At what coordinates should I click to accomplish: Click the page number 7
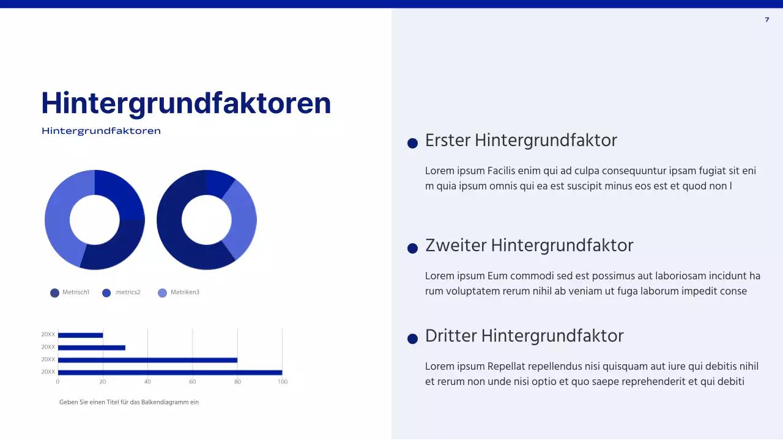[x=767, y=20]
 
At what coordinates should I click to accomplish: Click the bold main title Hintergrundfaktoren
[x=186, y=103]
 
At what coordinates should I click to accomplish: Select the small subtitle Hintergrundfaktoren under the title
[x=101, y=131]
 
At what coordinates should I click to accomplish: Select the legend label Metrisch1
[x=76, y=293]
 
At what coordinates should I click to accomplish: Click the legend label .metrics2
[x=127, y=293]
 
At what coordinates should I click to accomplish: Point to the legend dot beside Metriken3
[x=162, y=293]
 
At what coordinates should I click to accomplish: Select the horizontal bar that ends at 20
[x=80, y=335]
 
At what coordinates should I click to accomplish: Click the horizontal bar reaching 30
[x=91, y=348]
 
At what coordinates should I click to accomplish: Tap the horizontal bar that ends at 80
[x=147, y=360]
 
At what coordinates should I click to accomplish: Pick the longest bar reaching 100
[x=169, y=372]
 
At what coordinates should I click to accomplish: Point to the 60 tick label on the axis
[x=193, y=382]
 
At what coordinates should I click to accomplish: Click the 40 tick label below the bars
[x=147, y=382]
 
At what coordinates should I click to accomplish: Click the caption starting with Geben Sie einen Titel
[x=129, y=402]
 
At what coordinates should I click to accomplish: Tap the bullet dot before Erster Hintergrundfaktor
[x=412, y=143]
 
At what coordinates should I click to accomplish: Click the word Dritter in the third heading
[x=451, y=336]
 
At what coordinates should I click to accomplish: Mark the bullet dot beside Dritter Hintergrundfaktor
[x=412, y=339]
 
